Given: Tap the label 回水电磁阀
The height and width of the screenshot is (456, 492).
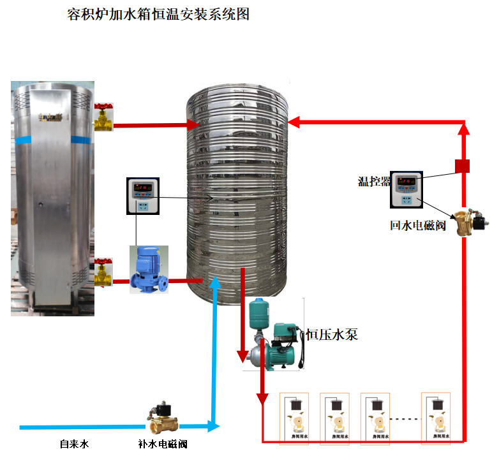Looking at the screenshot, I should [418, 225].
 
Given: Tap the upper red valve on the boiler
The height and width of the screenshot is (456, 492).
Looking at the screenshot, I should [103, 116].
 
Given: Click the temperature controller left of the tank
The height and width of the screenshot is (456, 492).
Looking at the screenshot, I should [145, 196].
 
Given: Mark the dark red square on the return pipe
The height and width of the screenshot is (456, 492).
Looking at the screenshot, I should [463, 166].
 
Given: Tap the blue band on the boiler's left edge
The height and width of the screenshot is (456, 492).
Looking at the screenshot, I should [24, 138].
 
